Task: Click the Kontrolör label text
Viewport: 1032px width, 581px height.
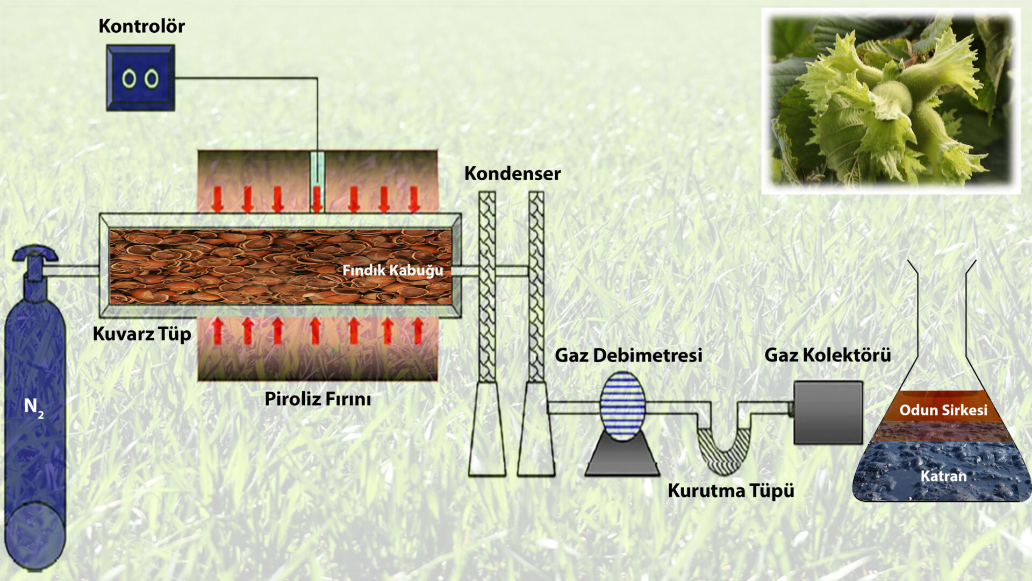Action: [x=141, y=26]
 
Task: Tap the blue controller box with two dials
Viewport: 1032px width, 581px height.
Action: [x=140, y=78]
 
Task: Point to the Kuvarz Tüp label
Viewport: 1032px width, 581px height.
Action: [x=142, y=334]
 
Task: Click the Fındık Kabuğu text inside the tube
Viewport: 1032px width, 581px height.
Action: [x=392, y=270]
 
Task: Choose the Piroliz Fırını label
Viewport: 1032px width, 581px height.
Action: [x=318, y=399]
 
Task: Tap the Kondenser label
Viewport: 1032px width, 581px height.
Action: [x=512, y=174]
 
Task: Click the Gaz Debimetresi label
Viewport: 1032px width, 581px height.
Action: [x=628, y=355]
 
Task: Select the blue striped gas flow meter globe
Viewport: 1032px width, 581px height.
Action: [x=622, y=406]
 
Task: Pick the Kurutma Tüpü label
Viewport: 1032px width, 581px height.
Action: [x=730, y=491]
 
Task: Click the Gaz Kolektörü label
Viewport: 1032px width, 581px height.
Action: [x=827, y=355]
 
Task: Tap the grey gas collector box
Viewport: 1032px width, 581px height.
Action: [x=828, y=412]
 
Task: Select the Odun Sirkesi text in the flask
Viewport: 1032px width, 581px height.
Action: [x=943, y=410]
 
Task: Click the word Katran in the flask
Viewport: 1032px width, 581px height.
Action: [x=943, y=476]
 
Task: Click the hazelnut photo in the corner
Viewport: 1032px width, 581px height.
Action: [x=891, y=101]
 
